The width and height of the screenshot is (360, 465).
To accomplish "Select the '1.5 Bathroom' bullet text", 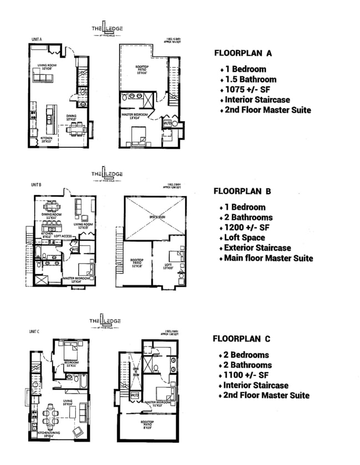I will [x=250, y=79].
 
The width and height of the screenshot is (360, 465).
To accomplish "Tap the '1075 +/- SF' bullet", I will [x=249, y=90].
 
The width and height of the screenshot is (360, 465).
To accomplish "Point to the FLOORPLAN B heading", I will [x=242, y=192].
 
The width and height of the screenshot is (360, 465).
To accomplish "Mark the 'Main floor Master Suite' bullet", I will [x=268, y=258].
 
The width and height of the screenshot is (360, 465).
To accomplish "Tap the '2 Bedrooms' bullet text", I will [x=247, y=355].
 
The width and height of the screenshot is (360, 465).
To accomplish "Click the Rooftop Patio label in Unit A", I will [x=142, y=69].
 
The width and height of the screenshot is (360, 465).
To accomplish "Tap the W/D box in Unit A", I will [x=167, y=123].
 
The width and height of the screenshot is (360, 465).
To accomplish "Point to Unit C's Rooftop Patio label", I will [x=146, y=425].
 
